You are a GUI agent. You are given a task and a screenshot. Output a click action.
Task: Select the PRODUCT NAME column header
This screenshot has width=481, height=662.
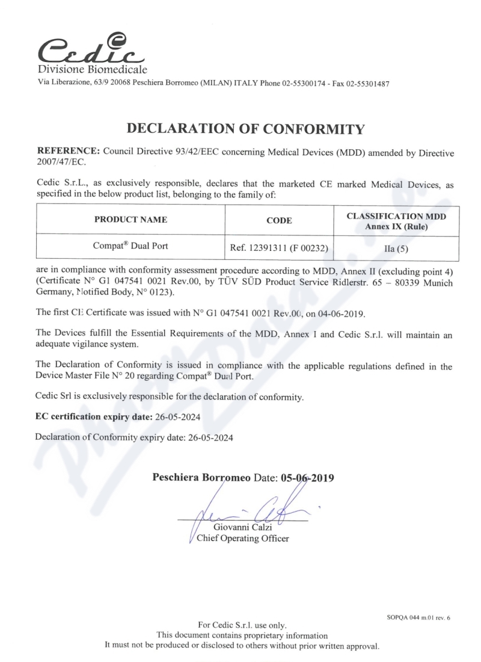pos(130,220)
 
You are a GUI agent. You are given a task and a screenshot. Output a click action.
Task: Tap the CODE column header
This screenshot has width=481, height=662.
pos(279,220)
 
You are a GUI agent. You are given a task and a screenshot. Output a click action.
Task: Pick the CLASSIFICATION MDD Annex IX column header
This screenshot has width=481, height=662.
pos(397,220)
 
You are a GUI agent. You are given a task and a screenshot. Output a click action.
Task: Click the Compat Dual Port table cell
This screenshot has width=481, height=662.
pos(130,247)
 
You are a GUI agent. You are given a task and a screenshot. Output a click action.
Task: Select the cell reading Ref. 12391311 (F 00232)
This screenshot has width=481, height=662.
pos(279,247)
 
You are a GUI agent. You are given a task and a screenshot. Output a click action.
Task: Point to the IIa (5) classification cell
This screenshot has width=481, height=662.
pos(397,247)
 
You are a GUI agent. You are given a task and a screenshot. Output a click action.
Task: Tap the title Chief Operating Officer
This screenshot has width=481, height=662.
pos(243,538)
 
